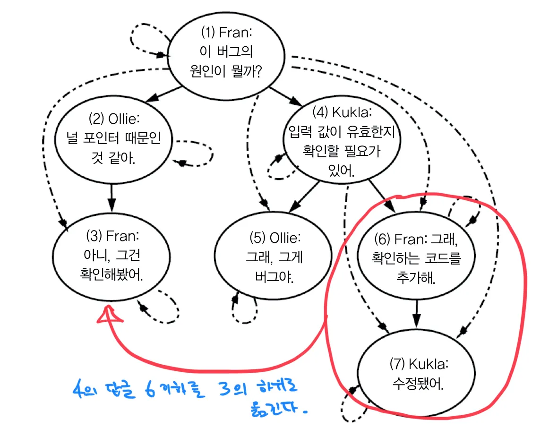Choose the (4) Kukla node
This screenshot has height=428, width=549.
343,142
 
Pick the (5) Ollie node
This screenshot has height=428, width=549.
274,257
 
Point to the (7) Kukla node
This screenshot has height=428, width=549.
418,373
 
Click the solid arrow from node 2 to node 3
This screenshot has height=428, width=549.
112,197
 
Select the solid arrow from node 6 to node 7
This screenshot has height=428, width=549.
416,312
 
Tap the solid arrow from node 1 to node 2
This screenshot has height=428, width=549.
158,96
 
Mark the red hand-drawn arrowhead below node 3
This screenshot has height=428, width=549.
109,314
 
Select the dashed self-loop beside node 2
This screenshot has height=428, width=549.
196,153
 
